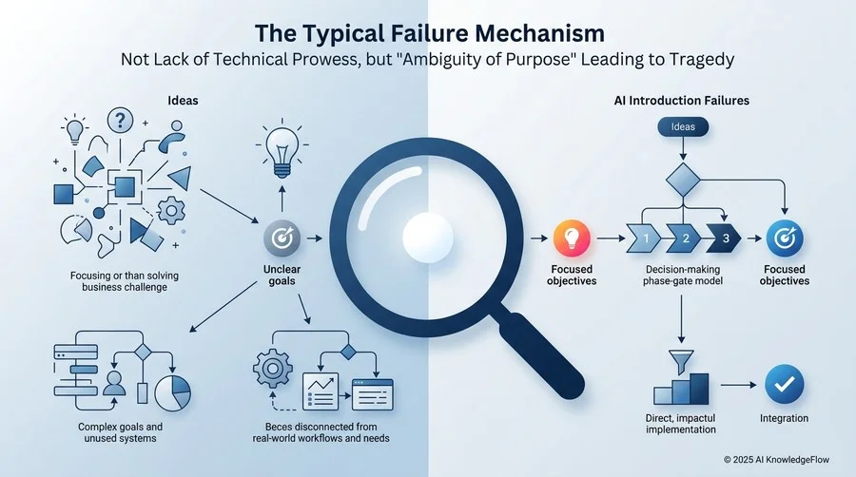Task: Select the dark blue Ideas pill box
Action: (x=683, y=127)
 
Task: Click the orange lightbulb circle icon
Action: (x=571, y=238)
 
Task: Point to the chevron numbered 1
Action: (x=644, y=238)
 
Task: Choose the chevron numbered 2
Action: (x=684, y=238)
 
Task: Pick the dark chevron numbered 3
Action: (x=724, y=238)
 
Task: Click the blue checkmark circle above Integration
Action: (x=784, y=384)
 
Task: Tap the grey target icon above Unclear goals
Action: (x=282, y=238)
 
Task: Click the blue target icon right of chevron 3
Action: (x=785, y=238)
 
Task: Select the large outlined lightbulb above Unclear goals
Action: (x=282, y=149)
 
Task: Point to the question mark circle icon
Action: (x=120, y=121)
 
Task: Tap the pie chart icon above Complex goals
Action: (x=173, y=392)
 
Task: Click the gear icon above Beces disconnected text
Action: (x=271, y=369)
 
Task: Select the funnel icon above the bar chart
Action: (x=681, y=362)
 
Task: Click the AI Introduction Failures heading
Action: (x=681, y=101)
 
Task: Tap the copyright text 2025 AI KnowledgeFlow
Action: (x=776, y=460)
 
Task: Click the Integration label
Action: (x=784, y=418)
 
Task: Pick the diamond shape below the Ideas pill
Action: (x=683, y=180)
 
